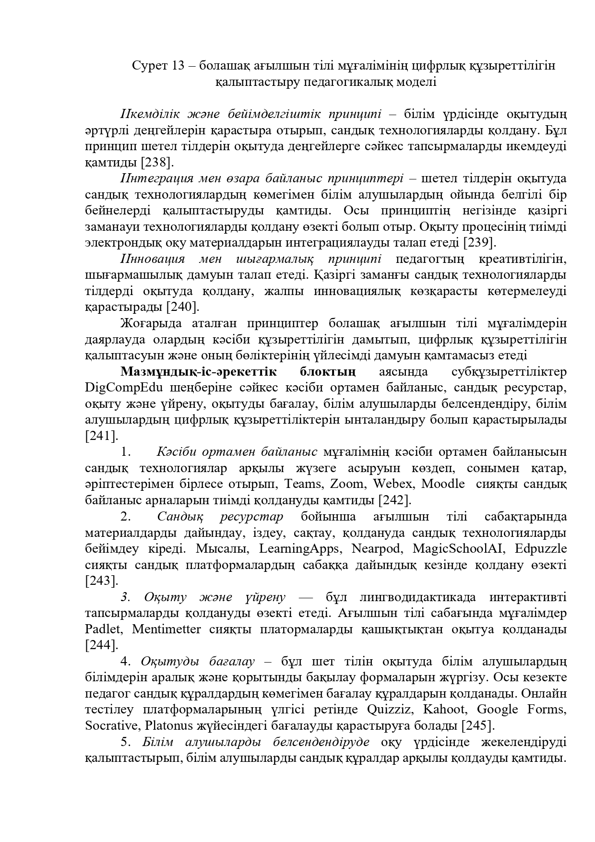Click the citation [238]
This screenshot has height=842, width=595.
pyautogui.click(x=156, y=163)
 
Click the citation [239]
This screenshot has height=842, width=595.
pyautogui.click(x=479, y=243)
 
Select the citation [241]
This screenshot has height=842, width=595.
pyautogui.click(x=101, y=436)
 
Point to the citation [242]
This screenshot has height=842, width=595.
pyautogui.click(x=395, y=500)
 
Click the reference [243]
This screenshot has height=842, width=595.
pyautogui.click(x=101, y=581)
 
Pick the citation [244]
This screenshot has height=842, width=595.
pyautogui.click(x=101, y=645)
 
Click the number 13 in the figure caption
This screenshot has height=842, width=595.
pyautogui.click(x=177, y=66)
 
